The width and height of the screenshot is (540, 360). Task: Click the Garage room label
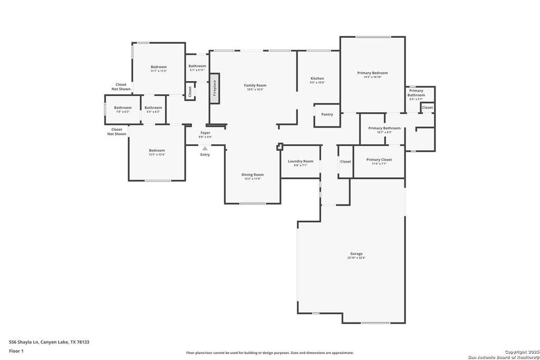356,254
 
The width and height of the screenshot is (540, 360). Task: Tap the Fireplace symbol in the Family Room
215,89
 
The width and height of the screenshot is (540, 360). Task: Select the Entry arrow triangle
205,149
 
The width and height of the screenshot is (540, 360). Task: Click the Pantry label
327,114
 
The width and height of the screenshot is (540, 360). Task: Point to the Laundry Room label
301,161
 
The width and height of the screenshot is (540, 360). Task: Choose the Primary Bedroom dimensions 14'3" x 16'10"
372,77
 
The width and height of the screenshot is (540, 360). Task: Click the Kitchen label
317,79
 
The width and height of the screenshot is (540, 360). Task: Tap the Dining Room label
253,174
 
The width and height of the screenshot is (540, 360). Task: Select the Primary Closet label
379,160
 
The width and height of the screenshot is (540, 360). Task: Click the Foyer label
205,133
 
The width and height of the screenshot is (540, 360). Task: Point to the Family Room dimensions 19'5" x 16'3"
255,90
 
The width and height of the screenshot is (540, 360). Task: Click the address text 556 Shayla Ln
49,342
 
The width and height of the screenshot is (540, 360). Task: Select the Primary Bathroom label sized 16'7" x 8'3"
384,128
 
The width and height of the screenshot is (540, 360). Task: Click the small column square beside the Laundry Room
280,147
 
